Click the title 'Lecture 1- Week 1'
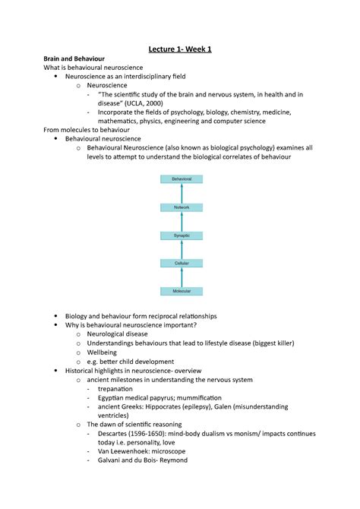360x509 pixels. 180,49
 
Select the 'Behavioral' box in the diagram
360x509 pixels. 182,179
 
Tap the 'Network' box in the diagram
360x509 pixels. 182,207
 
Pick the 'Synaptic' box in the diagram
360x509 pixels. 182,236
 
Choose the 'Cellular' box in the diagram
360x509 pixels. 182,263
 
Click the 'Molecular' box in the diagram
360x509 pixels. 182,291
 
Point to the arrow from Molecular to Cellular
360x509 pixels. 182,277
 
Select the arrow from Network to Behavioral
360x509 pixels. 182,192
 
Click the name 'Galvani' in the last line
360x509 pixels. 115,460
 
